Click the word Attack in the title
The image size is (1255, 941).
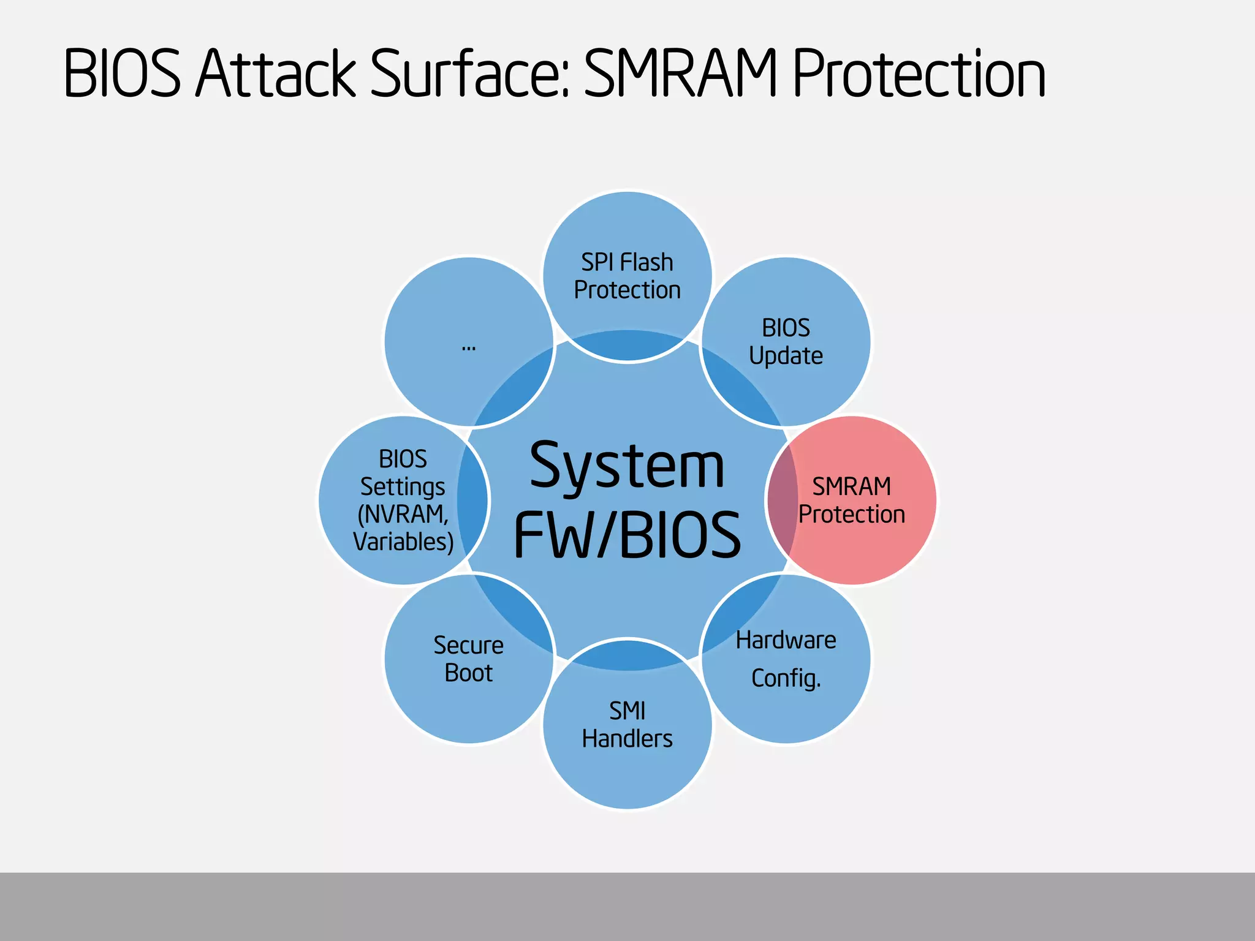(275, 75)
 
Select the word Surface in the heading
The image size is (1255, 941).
(471, 75)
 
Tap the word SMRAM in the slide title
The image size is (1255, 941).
(681, 75)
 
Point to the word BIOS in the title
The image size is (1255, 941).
(122, 75)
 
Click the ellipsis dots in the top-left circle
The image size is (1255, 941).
(469, 348)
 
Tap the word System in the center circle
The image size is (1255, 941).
(627, 467)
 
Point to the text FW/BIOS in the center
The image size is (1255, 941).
(627, 534)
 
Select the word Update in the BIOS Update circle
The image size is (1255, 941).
(786, 356)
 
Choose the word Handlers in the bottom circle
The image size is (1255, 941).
(627, 739)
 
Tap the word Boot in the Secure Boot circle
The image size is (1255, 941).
(469, 673)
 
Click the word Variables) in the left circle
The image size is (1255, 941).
(403, 542)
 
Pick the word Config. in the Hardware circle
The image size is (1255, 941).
(786, 679)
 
